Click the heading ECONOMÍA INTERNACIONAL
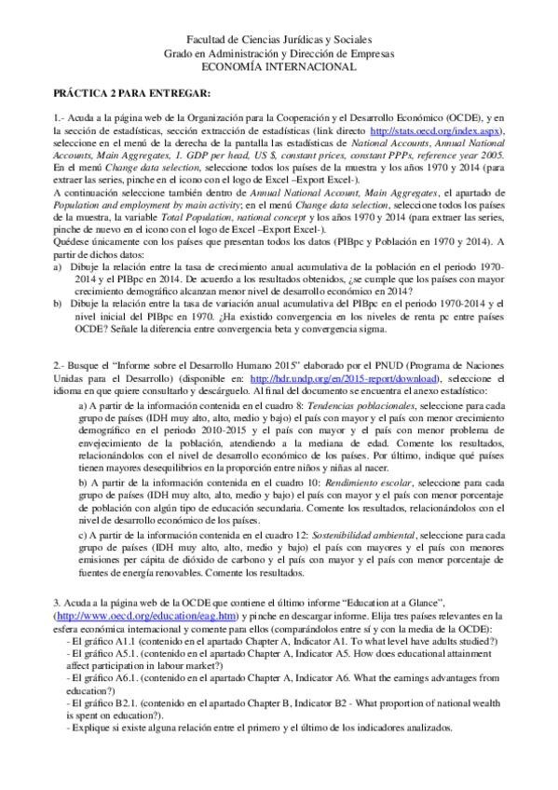[279, 67]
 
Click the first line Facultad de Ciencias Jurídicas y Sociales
[279, 41]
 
